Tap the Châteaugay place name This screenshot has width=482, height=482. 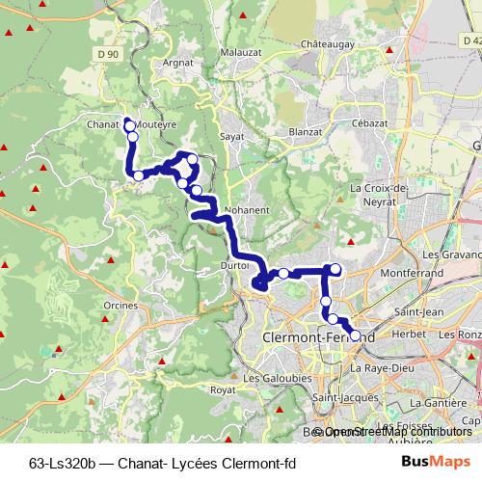(329, 44)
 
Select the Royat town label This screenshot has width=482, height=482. (223, 390)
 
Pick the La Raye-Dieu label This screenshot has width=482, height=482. (381, 367)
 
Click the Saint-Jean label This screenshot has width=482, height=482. (418, 312)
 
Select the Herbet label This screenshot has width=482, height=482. (411, 334)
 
